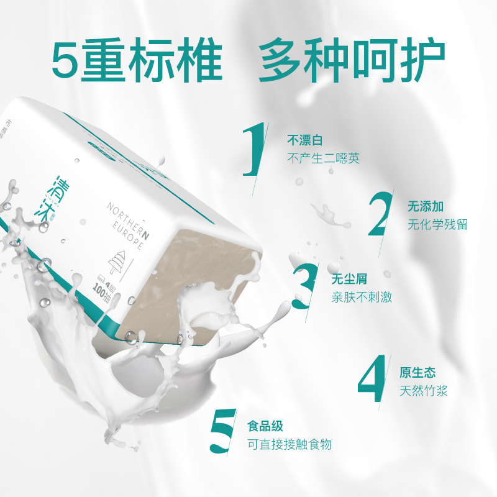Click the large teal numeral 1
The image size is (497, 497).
click(253, 149)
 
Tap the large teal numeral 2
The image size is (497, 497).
click(380, 214)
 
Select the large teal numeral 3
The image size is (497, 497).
click(306, 287)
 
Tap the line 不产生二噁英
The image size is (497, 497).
click(323, 158)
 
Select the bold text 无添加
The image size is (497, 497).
click(426, 206)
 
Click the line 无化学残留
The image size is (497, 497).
click(437, 224)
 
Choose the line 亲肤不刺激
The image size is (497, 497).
click(362, 297)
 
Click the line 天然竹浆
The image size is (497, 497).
click(424, 391)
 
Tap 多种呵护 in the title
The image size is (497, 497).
click(352, 61)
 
